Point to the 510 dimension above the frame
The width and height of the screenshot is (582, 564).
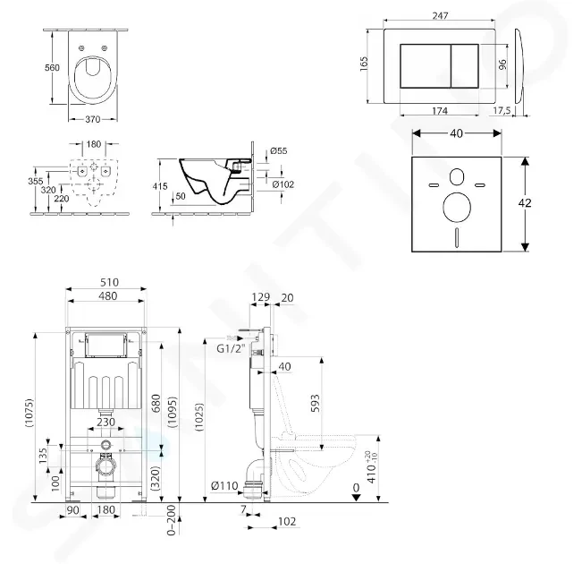[x=106, y=283]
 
